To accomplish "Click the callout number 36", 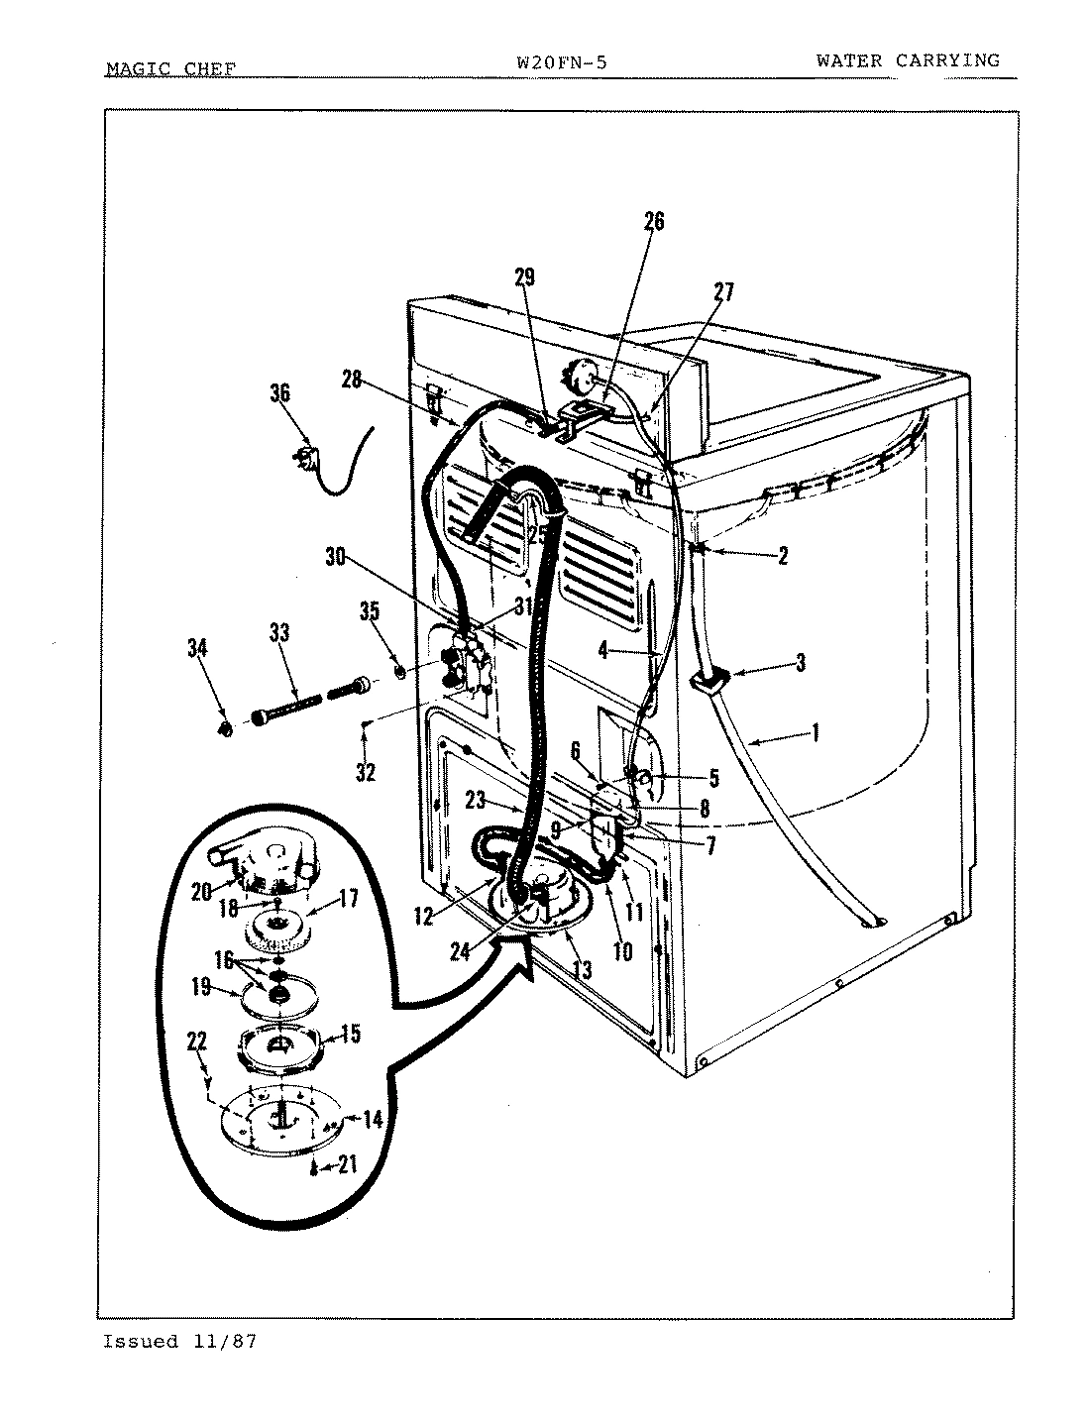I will coord(279,393).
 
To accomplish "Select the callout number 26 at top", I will coord(654,222).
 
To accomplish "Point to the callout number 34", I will coord(198,649).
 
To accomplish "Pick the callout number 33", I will coord(279,633).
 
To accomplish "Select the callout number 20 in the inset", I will coord(202,892).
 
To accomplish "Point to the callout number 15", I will coord(350,1035).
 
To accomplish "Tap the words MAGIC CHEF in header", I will coord(170,69).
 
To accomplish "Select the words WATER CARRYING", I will coord(908,60).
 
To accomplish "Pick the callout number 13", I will coord(582,969).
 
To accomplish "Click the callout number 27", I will coord(723,291).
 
